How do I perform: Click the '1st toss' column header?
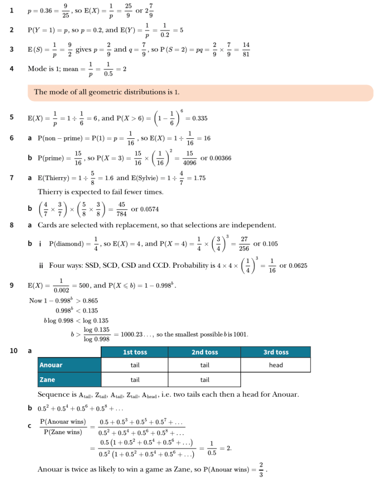click(x=135, y=352)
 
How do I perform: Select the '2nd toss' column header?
click(x=205, y=352)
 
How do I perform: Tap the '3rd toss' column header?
click(x=275, y=352)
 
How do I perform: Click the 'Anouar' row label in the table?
click(x=51, y=365)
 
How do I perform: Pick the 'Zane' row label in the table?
click(x=47, y=380)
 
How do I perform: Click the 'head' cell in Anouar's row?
click(x=275, y=365)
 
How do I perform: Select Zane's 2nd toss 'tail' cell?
click(x=205, y=380)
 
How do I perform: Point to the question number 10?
click(x=13, y=351)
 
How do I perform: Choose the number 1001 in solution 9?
click(x=240, y=334)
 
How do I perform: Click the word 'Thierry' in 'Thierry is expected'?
click(x=50, y=192)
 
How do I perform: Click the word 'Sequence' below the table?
click(x=52, y=394)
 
